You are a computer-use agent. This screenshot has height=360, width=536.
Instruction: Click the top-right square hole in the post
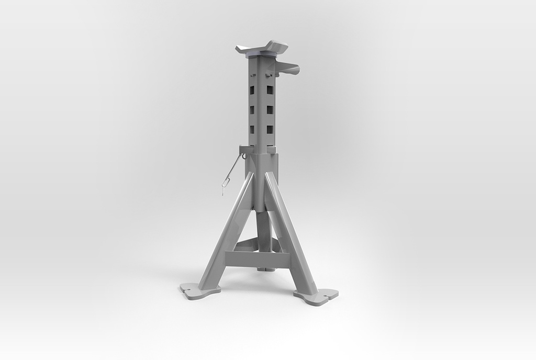point(270,90)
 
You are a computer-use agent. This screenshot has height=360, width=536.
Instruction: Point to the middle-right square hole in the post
point(270,110)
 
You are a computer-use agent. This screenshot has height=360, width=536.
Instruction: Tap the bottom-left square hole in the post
point(252,129)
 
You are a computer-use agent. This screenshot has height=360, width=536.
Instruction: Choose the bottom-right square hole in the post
point(270,129)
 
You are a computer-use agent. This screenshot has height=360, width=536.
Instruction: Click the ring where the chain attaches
point(243,154)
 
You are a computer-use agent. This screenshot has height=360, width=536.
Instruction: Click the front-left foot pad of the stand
point(199,290)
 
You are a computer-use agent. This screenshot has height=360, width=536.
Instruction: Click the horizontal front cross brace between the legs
point(258,257)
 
